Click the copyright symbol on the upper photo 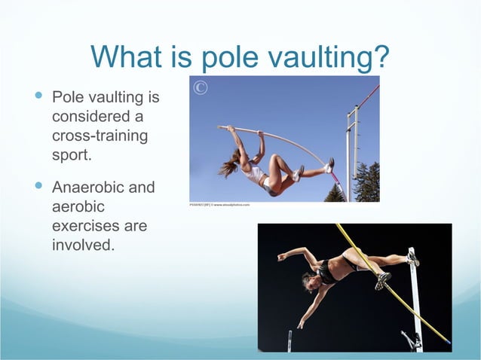200,88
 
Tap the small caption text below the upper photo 219,204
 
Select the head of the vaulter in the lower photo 309,280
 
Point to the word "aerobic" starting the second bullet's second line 80,206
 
